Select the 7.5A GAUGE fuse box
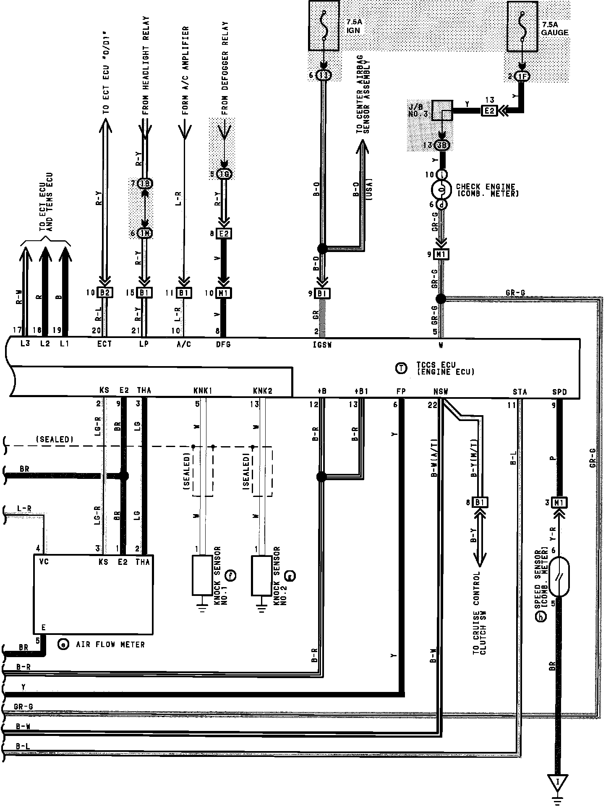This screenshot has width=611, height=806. point(522,26)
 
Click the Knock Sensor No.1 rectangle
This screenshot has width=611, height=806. point(202,575)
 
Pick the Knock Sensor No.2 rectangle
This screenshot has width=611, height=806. point(261,575)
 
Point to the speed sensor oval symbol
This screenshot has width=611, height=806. point(559,577)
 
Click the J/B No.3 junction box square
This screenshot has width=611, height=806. point(442,110)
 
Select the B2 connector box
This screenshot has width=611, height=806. point(104,293)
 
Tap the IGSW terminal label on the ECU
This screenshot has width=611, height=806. point(322,345)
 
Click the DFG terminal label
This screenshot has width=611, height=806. point(223,345)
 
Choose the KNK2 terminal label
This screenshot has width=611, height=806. point(263,391)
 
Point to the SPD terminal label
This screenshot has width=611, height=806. point(559,392)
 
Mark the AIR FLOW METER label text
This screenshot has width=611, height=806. point(110,644)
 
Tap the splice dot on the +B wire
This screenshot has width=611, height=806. point(321,477)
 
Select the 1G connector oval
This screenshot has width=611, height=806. point(225,174)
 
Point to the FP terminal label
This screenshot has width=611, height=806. point(401,392)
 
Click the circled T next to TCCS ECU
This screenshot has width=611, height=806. point(401,368)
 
